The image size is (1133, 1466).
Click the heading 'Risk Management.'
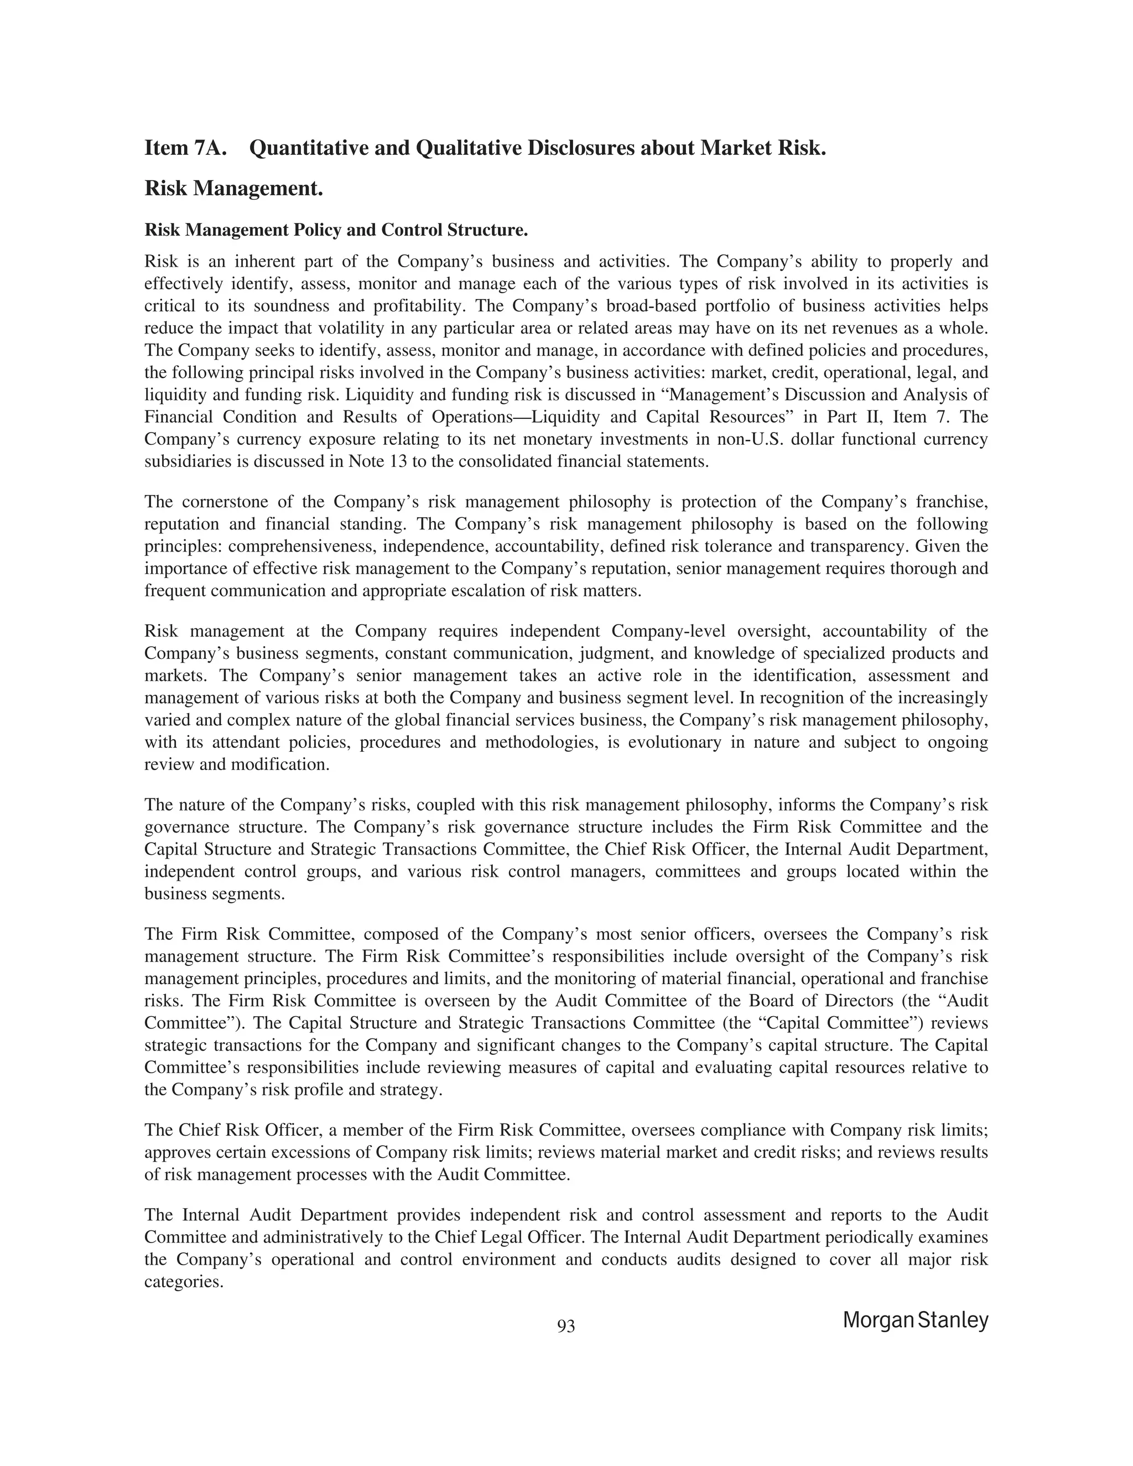[x=233, y=189]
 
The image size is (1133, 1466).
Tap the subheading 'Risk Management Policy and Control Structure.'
[x=336, y=230]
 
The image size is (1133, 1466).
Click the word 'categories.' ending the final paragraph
[x=183, y=1281]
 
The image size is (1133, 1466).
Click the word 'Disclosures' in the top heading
[x=579, y=148]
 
